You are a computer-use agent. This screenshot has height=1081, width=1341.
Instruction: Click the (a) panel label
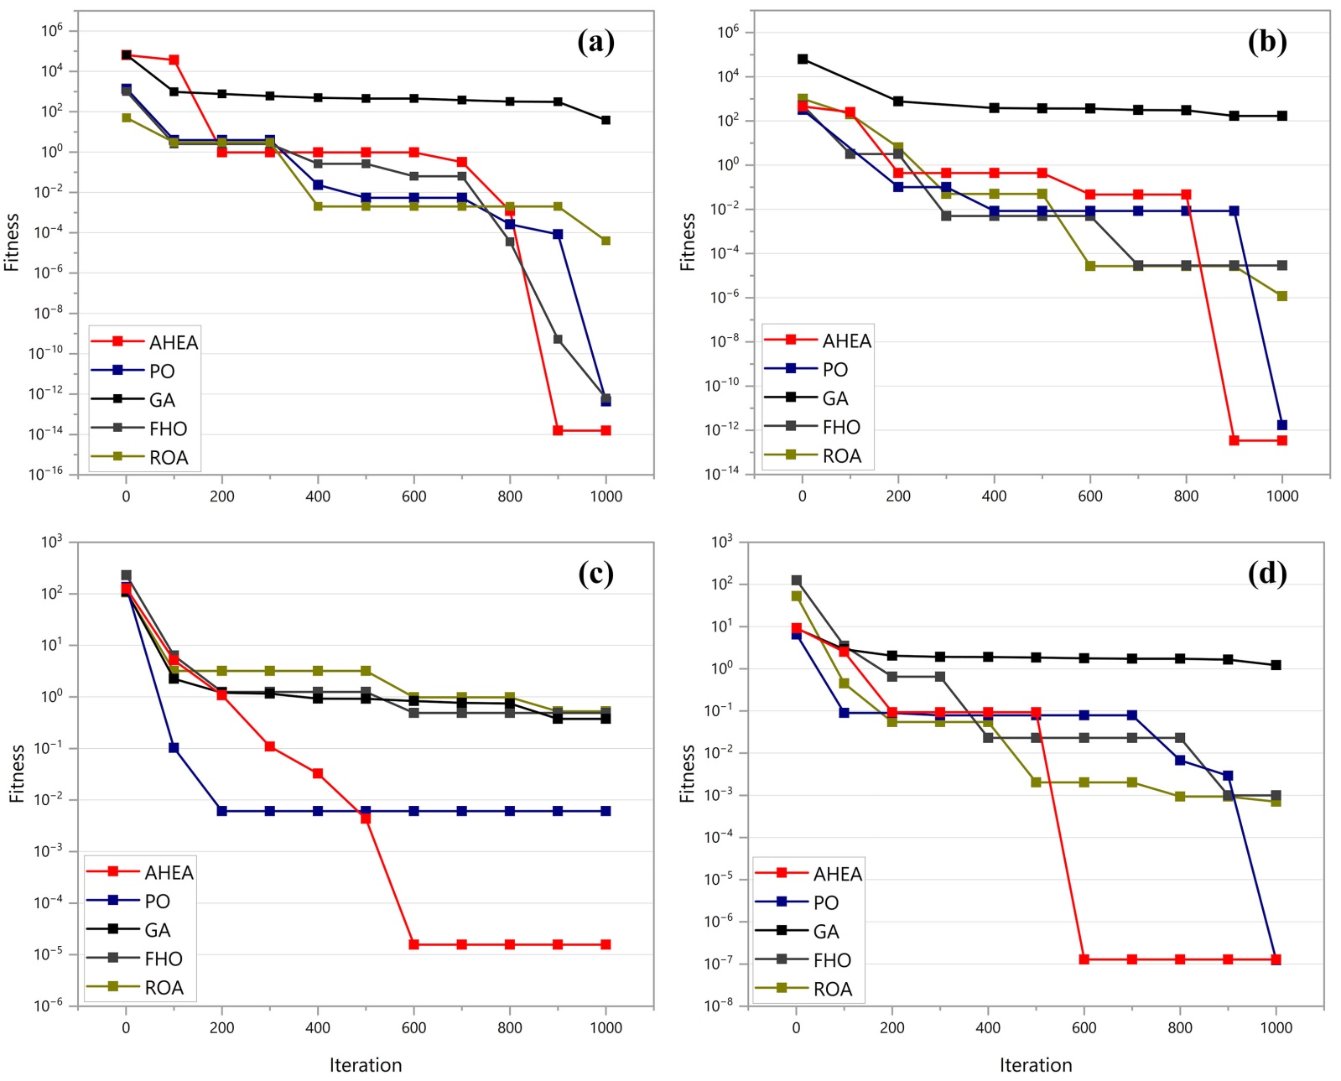[595, 41]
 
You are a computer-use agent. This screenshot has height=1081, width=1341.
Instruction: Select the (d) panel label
[1266, 573]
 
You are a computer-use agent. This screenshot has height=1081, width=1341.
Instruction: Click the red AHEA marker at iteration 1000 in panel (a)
[606, 431]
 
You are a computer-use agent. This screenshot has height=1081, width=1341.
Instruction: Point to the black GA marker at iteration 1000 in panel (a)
[606, 121]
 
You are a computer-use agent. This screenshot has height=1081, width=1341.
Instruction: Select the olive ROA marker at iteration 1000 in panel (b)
[1281, 296]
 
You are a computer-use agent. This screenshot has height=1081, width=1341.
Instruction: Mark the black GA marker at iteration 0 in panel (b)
[803, 60]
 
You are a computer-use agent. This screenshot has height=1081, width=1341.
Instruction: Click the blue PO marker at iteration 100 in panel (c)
[174, 748]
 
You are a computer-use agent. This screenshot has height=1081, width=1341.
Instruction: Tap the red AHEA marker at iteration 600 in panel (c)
[413, 945]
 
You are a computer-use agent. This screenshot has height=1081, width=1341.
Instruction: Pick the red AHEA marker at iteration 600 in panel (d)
[1084, 959]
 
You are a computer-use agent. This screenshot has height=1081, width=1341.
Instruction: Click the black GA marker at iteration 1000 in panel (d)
[1276, 666]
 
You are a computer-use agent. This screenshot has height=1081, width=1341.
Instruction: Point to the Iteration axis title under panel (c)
[366, 1065]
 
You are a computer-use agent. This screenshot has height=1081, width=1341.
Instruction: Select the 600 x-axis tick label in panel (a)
[413, 496]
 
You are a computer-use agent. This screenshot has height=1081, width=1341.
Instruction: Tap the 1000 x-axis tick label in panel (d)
[1276, 1028]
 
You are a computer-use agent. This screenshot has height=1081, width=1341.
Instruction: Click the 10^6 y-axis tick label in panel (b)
[727, 33]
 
